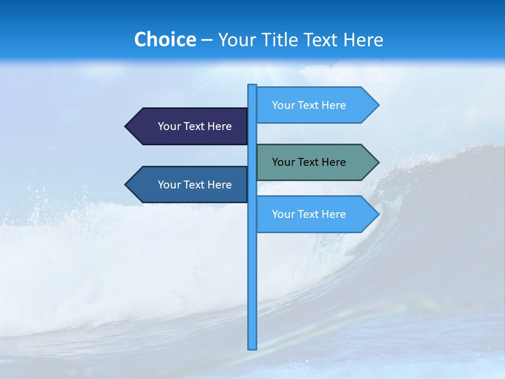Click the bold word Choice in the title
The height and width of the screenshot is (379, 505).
click(165, 39)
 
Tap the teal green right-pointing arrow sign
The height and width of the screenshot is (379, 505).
click(316, 162)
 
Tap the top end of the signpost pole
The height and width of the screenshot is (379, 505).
click(252, 86)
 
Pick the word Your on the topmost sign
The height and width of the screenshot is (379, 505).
click(283, 105)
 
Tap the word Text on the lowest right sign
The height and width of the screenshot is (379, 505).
click(308, 214)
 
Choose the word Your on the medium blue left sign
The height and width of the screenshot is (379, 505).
click(169, 185)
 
